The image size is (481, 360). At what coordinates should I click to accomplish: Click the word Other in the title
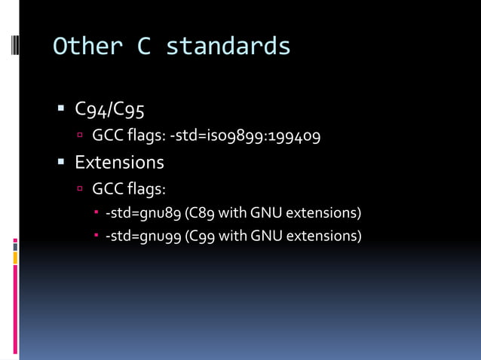87,47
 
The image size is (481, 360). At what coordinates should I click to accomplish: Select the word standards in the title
228,47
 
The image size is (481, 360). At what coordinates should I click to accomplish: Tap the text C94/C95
110,110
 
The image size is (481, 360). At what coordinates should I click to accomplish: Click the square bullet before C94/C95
62,108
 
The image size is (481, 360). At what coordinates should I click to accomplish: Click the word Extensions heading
119,162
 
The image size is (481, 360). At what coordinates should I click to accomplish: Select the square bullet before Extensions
62,161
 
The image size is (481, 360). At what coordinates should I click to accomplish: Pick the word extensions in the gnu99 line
323,236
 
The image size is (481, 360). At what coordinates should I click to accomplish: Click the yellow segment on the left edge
15,258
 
